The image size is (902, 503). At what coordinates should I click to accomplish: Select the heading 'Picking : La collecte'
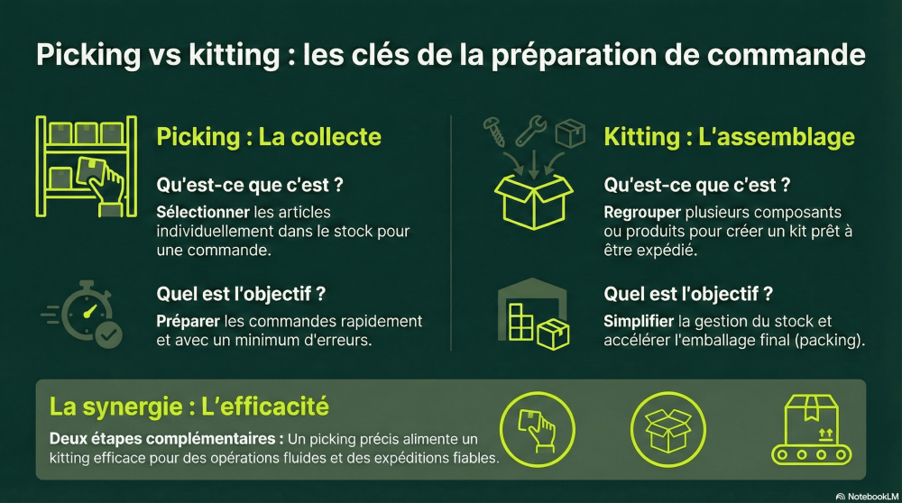tap(269, 137)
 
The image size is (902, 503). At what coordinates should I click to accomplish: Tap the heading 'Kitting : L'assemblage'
tap(729, 137)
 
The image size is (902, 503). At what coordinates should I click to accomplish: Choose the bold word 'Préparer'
tap(187, 322)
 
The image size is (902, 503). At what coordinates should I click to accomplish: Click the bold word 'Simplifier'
tap(638, 322)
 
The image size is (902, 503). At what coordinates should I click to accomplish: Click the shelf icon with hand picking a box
tap(86, 166)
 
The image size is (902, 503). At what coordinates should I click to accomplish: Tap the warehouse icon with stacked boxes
tap(532, 315)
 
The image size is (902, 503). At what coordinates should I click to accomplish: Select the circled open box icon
tap(667, 428)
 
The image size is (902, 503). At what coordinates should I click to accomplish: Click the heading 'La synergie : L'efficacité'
tap(189, 407)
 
